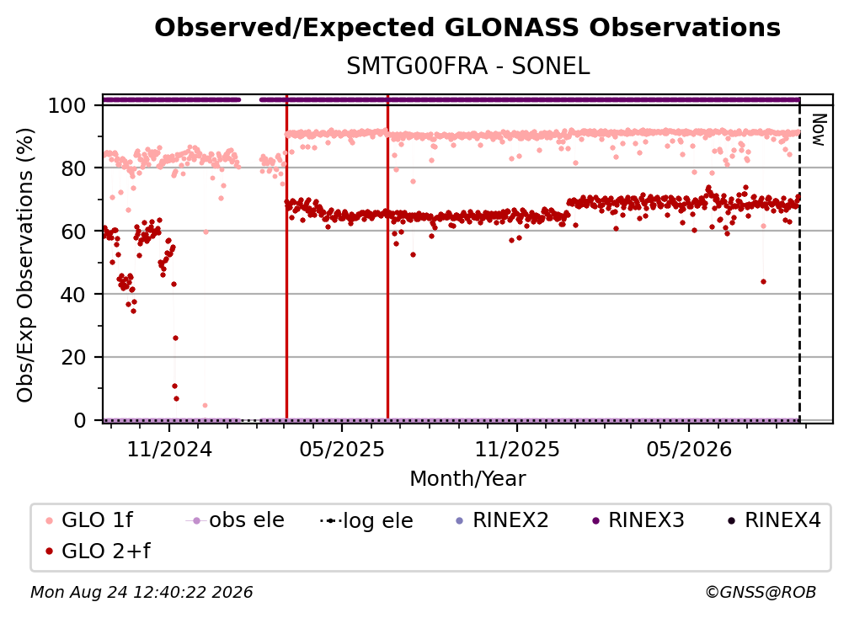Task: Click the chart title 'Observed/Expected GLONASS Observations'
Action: (467, 28)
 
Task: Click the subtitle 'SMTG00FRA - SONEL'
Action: (467, 67)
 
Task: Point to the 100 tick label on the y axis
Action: (67, 105)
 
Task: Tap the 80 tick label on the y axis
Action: (73, 168)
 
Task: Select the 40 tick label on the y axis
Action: (73, 295)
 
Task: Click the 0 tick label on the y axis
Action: (80, 420)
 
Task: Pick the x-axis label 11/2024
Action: (169, 449)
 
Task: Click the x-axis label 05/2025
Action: (342, 449)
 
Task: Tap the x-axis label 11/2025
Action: (517, 449)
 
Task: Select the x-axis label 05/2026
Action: (689, 449)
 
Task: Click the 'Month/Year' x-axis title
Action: (467, 479)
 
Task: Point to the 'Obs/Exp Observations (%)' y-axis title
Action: (25, 265)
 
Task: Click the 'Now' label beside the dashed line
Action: (818, 130)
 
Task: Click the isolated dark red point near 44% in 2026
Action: (763, 281)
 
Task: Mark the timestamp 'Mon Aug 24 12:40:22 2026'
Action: (141, 592)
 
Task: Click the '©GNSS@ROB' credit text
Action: (761, 592)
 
